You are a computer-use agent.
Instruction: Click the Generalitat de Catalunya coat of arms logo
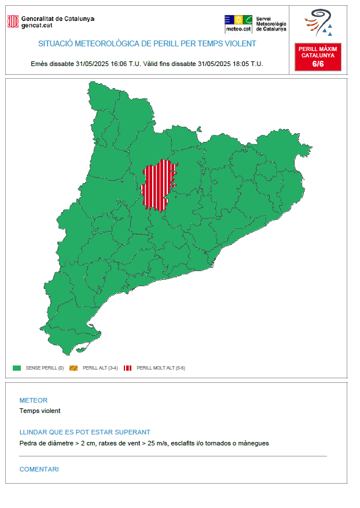coord(12,21)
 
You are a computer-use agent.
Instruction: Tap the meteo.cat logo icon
coord(238,24)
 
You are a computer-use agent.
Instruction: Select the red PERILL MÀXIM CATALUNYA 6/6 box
coord(318,56)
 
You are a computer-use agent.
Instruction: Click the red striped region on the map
coord(156,185)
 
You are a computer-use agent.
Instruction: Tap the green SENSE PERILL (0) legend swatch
coord(17,368)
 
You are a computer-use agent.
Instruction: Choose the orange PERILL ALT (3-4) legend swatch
coord(74,368)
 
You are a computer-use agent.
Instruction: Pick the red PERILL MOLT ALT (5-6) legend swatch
coord(127,368)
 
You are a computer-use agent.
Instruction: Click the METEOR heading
coord(34,400)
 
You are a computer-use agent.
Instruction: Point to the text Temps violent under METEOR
coord(40,411)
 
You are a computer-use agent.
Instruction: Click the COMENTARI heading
coord(39,469)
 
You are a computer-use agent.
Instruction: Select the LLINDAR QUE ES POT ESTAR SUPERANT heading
coord(85,432)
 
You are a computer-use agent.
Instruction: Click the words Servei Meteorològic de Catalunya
coord(271,24)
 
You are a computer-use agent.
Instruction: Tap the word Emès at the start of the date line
coord(39,64)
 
